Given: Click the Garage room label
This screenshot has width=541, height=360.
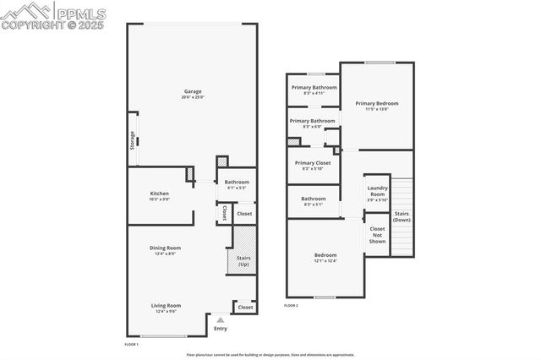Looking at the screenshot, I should pyautogui.click(x=193, y=91).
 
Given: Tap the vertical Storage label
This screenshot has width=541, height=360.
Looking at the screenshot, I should pyautogui.click(x=133, y=139).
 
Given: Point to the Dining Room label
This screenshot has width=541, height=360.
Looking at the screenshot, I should pyautogui.click(x=166, y=248).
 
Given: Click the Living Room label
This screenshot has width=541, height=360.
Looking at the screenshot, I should pyautogui.click(x=166, y=306).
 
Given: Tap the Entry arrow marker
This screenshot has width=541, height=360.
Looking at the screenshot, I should pyautogui.click(x=221, y=319).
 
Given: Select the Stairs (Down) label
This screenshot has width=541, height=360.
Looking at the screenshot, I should pyautogui.click(x=402, y=216).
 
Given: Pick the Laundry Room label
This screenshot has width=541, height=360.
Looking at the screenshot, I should pyautogui.click(x=377, y=193).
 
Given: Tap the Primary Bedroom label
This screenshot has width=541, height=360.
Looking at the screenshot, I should pyautogui.click(x=376, y=103).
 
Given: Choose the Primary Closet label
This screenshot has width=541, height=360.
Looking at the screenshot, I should pyautogui.click(x=313, y=162).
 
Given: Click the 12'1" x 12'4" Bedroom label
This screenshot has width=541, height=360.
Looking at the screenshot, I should pyautogui.click(x=325, y=258).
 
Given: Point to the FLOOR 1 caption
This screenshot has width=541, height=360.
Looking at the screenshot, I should pyautogui.click(x=131, y=345).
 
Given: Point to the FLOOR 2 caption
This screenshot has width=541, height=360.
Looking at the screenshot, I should pyautogui.click(x=292, y=305).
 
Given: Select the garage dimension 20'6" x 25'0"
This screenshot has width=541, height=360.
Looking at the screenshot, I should pyautogui.click(x=193, y=97).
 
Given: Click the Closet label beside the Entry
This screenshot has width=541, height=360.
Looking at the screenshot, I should pyautogui.click(x=245, y=308).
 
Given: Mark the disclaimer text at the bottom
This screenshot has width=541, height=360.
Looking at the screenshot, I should pyautogui.click(x=270, y=355).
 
